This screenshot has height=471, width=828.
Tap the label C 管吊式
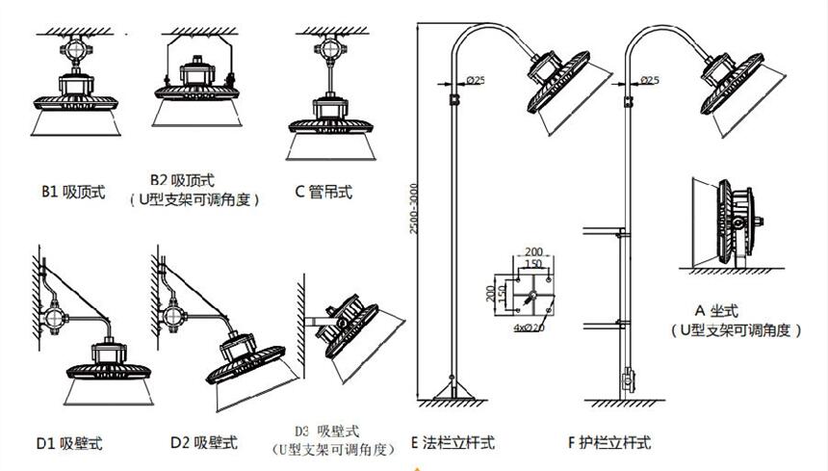pos(323,192)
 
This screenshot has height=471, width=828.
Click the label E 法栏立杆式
pos(452,443)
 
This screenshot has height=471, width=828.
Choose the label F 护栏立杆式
pos(609,443)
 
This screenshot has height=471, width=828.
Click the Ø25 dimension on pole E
pos(475,79)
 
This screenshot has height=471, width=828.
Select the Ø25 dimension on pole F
pos(649,79)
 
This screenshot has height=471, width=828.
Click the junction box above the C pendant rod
pos(327,49)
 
